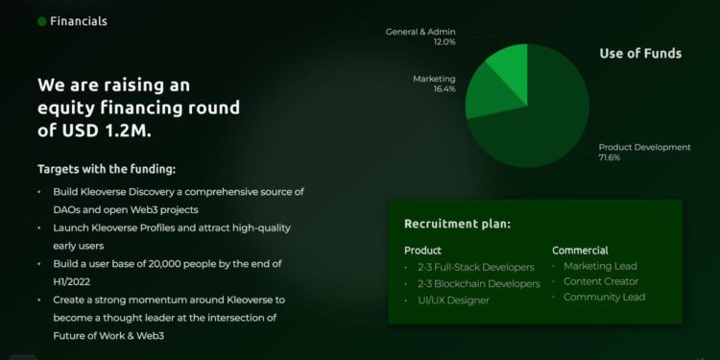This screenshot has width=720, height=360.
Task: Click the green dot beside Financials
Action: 42,21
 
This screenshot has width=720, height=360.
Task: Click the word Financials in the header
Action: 79,21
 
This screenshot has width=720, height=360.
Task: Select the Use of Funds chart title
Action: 640,53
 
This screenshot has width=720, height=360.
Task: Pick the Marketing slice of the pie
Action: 492,94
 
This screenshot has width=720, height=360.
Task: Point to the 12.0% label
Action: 444,42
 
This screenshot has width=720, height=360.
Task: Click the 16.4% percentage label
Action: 444,89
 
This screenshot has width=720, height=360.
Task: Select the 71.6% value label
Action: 610,157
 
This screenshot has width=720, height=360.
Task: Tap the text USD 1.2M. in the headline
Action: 107,131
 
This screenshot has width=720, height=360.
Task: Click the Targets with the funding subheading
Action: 107,169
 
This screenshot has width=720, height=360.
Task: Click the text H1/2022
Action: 72,281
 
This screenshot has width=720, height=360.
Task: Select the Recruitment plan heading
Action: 457,224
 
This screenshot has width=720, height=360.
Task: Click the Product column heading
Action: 422,251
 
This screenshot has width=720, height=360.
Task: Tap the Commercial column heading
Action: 580,251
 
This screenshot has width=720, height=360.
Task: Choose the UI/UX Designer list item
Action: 453,300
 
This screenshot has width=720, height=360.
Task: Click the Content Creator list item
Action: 601,281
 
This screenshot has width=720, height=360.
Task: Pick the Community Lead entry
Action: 604,297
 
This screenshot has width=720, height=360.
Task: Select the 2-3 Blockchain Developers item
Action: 479,284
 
